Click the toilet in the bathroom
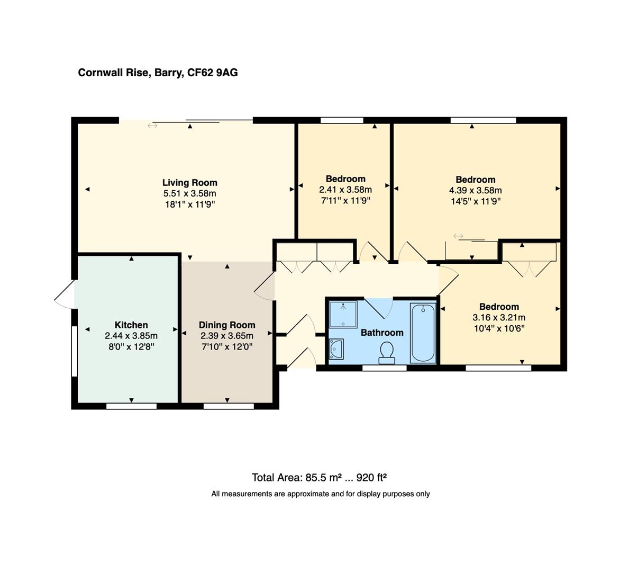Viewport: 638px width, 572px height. pyautogui.click(x=387, y=352)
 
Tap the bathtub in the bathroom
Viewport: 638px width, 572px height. pyautogui.click(x=423, y=332)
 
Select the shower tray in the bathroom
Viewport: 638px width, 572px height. pyautogui.click(x=343, y=314)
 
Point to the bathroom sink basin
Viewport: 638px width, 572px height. pyautogui.click(x=336, y=349)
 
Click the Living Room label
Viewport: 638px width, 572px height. pyautogui.click(x=189, y=183)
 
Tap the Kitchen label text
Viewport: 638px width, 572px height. pyautogui.click(x=131, y=325)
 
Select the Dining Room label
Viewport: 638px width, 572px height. pyautogui.click(x=227, y=325)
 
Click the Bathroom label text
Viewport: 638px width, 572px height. pyautogui.click(x=381, y=333)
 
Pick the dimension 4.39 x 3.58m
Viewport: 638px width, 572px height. pyautogui.click(x=475, y=190)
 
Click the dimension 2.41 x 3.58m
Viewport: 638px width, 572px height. pyautogui.click(x=345, y=190)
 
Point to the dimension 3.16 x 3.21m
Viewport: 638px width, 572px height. pyautogui.click(x=498, y=318)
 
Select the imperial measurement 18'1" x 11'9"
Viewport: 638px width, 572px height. pyautogui.click(x=189, y=204)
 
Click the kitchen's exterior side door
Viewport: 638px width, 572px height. pyautogui.click(x=65, y=294)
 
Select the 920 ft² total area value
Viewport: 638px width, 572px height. pyautogui.click(x=371, y=477)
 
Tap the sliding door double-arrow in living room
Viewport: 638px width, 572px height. pyautogui.click(x=152, y=126)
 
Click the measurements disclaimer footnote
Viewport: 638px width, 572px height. pyautogui.click(x=320, y=494)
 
